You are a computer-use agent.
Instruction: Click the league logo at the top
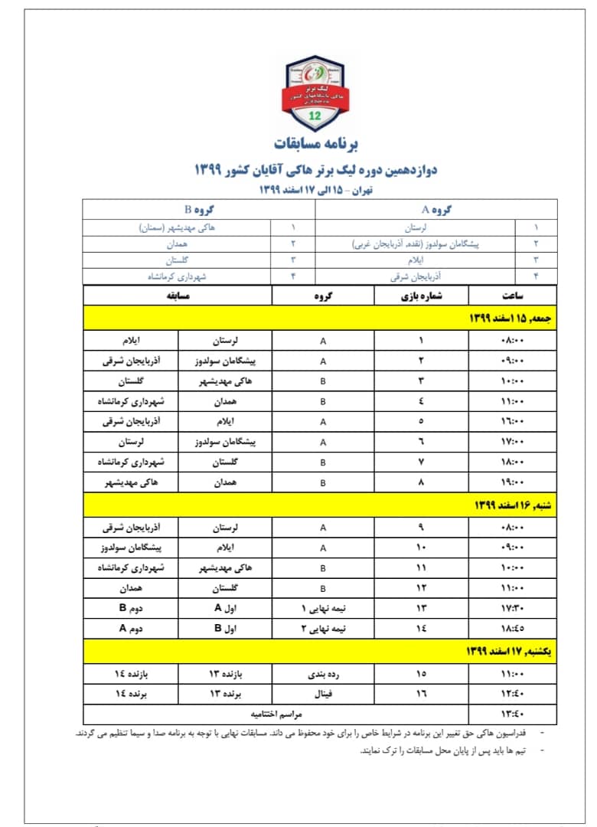pos(315,92)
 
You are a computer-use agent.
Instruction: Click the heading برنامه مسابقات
pos(315,143)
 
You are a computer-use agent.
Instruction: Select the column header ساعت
pos(512,296)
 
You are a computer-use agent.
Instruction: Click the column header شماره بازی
pos(421,296)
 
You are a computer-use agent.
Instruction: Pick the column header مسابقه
pos(178,296)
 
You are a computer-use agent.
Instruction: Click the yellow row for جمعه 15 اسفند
pos(320,318)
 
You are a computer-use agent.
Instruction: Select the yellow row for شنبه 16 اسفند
pos(320,505)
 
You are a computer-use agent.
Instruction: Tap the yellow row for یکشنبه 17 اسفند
pos(320,652)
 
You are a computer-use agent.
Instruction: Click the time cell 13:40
pos(512,714)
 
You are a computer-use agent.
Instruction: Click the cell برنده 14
pos(131,694)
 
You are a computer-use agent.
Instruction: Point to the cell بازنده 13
pos(226,673)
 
